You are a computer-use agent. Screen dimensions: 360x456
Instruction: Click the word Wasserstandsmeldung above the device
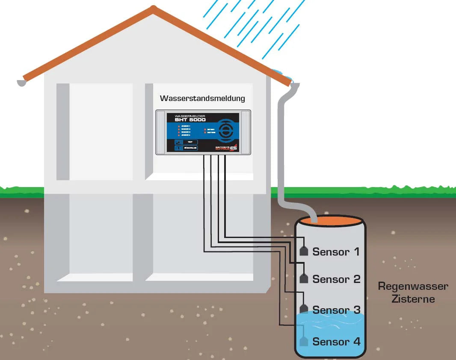[202, 98]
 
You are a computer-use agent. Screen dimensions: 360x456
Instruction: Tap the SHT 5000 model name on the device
[190, 120]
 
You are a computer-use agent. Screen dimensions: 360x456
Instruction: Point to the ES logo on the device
[233, 148]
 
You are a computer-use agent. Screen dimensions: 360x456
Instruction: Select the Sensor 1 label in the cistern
[336, 252]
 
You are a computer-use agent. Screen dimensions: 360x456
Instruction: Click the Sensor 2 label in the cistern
[336, 280]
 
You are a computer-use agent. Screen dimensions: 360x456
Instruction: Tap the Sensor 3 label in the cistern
[336, 310]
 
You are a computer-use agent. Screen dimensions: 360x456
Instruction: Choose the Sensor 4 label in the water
[336, 342]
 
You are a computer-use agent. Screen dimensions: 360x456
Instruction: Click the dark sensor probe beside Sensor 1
[304, 251]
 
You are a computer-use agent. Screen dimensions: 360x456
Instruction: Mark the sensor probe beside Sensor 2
[304, 278]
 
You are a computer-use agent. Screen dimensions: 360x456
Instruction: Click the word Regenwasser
[413, 286]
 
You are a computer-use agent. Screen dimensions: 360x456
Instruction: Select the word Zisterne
[413, 299]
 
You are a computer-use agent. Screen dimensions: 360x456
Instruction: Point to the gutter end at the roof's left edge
[21, 82]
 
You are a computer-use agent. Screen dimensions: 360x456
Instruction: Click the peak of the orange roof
[153, 9]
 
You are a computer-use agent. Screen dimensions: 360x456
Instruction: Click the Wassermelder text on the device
[190, 116]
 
